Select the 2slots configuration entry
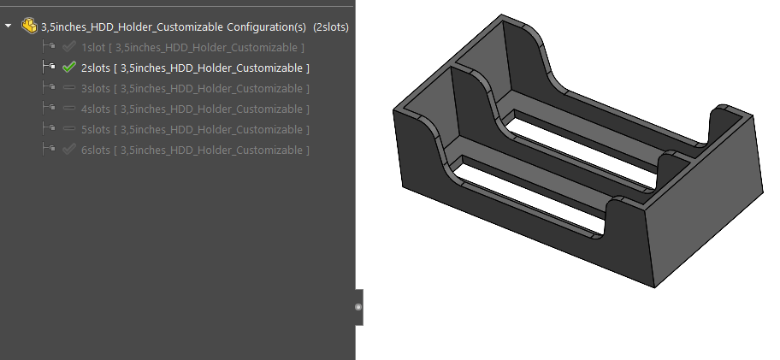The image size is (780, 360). [x=195, y=68]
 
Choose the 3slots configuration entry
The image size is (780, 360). [x=195, y=88]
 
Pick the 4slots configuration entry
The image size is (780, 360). [x=195, y=109]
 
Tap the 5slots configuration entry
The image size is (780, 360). [x=195, y=129]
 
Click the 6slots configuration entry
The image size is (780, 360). [x=195, y=150]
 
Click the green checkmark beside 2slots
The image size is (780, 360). [x=69, y=68]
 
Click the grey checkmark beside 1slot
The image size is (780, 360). [x=69, y=47]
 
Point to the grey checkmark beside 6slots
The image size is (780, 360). [x=69, y=150]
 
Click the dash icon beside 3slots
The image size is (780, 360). [x=69, y=88]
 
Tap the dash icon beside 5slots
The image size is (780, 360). [x=69, y=129]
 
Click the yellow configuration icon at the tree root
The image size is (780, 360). [x=28, y=27]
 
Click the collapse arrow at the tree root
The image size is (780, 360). [x=9, y=27]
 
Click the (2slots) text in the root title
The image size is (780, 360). [x=331, y=27]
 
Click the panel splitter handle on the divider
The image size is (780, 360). [x=358, y=306]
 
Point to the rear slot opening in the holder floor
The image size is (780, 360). [x=590, y=145]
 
